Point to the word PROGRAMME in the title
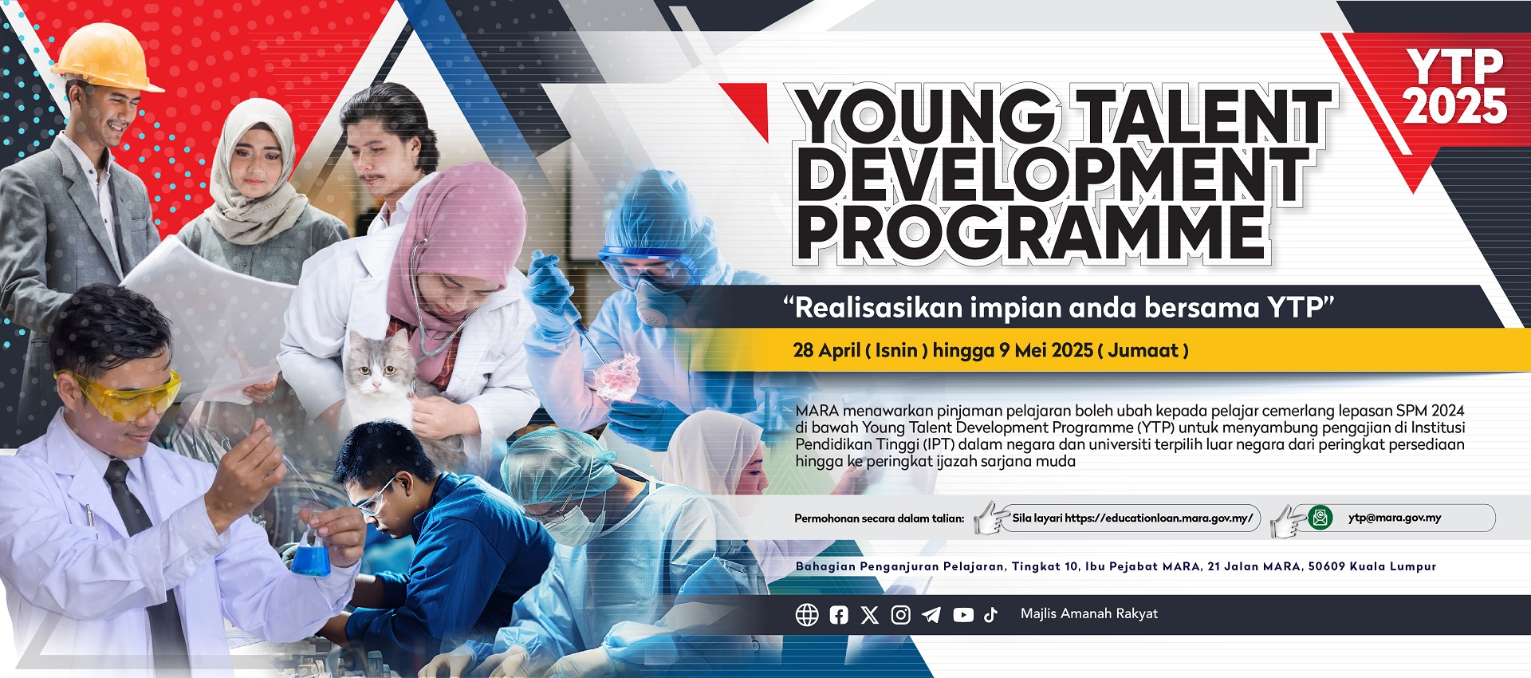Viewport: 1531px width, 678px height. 1032,233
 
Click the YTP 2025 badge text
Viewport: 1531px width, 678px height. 1455,86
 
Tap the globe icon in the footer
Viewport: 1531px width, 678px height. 807,615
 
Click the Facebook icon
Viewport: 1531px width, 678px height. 839,615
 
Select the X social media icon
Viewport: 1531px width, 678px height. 870,615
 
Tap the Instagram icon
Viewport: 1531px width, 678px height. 901,615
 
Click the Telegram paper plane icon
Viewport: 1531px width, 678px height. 931,615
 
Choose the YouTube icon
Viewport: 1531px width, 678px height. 963,615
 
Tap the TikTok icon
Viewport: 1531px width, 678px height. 990,615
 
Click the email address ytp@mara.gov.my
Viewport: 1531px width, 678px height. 1395,518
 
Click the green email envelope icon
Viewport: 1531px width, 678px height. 1320,518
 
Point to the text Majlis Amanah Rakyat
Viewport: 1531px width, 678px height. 1089,613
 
